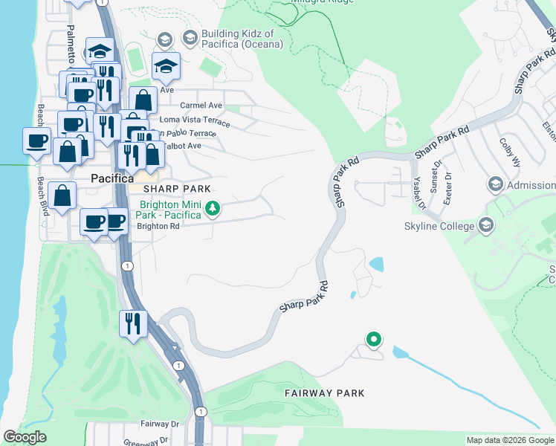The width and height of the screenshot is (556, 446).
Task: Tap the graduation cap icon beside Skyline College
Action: coord(486,224)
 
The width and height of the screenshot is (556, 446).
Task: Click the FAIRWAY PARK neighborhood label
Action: coord(324,392)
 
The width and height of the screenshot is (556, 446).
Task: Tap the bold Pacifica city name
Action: coord(111,178)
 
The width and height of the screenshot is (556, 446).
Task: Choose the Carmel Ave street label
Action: coord(201,106)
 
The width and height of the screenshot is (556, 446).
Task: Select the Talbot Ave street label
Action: coord(181,146)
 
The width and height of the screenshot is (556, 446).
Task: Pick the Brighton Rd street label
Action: coord(158,227)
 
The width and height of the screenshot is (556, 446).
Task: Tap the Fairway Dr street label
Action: coord(160,424)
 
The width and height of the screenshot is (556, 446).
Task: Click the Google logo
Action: coord(25,437)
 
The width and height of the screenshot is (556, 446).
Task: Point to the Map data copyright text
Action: coord(510,440)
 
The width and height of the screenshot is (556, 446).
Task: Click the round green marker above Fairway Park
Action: coord(374,340)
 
